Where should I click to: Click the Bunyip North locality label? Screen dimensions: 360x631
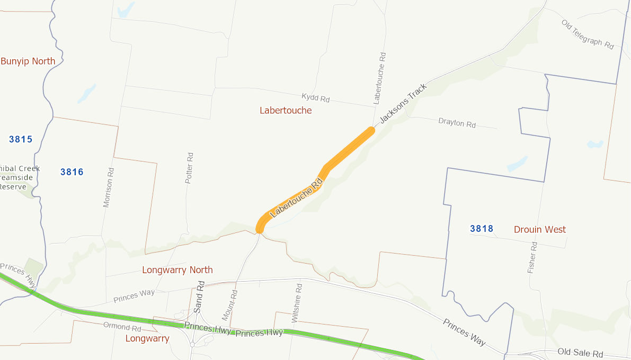click(x=28, y=61)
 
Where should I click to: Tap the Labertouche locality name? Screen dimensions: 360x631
click(x=286, y=111)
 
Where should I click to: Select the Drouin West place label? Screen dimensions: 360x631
click(x=539, y=230)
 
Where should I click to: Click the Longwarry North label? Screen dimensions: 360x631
click(x=177, y=270)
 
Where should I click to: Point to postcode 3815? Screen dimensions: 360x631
click(x=21, y=140)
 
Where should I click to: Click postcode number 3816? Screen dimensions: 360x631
click(x=72, y=172)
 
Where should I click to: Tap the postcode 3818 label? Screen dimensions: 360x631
click(x=482, y=229)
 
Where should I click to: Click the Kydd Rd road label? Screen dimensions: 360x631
click(x=315, y=98)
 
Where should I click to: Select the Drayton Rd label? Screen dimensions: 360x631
click(x=457, y=123)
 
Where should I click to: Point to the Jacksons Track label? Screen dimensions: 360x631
click(x=403, y=104)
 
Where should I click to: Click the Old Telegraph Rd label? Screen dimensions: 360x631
click(x=587, y=34)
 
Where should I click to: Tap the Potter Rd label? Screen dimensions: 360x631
click(x=189, y=168)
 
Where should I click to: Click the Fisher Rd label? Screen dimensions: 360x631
click(x=532, y=258)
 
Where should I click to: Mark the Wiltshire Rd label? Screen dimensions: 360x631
click(x=297, y=303)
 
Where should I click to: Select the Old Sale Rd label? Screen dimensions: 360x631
click(x=580, y=353)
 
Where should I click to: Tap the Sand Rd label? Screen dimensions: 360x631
click(x=200, y=296)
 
